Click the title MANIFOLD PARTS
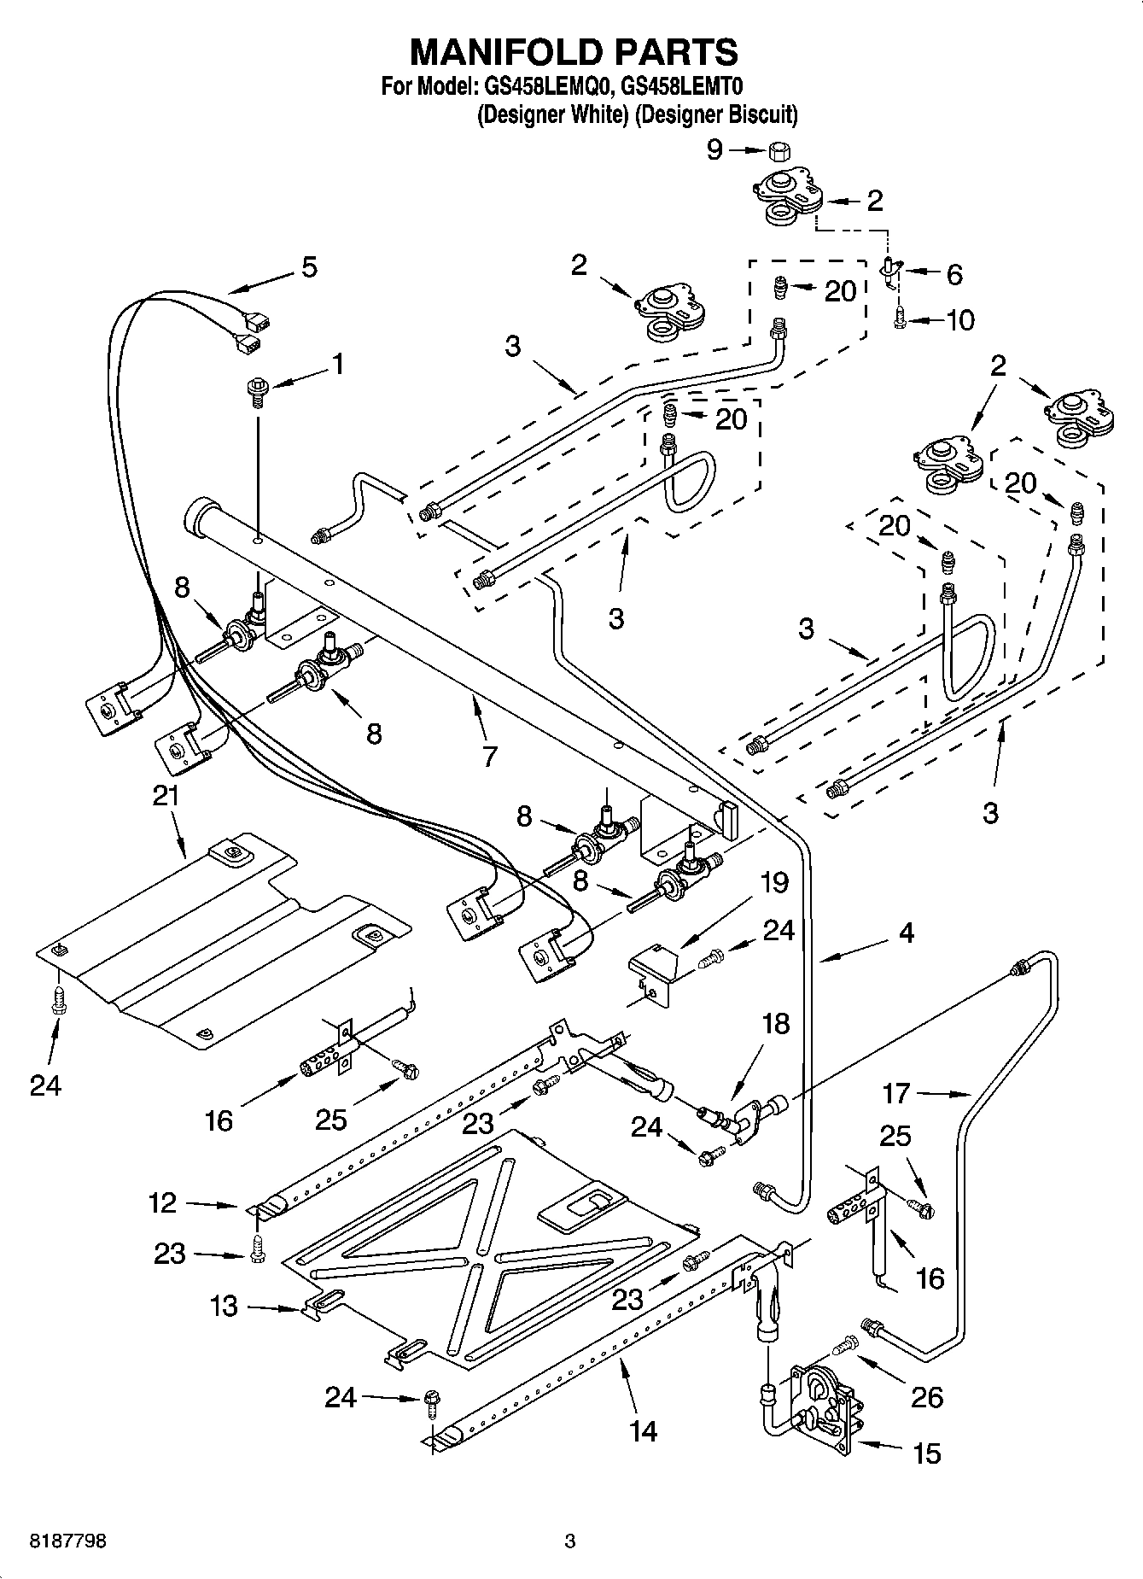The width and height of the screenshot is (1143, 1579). (574, 52)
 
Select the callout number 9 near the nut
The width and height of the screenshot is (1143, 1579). (714, 150)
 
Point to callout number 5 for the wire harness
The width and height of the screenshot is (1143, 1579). (309, 266)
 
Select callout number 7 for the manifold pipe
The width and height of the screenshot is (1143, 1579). (489, 755)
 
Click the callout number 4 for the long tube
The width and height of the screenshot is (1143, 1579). (907, 933)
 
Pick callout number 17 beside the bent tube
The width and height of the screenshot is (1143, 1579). (896, 1092)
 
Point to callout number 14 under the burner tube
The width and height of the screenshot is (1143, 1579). (644, 1430)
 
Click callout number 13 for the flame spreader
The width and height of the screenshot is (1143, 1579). (224, 1306)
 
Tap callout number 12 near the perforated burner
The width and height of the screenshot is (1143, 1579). (161, 1202)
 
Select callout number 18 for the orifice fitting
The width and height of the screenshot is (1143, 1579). (775, 1023)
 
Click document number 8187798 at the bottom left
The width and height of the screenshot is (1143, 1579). (56, 1541)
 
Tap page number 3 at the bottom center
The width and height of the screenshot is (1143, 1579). (570, 1541)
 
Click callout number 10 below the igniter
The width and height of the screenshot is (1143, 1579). (960, 320)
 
